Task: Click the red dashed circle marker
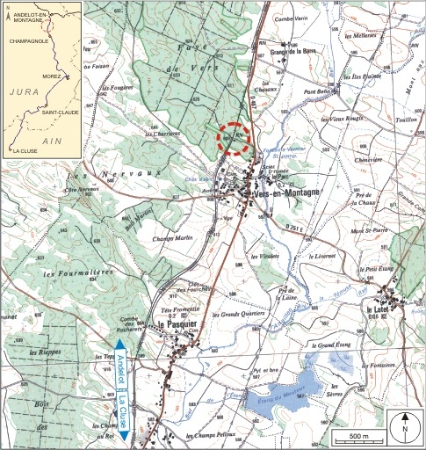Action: (x=234, y=138)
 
